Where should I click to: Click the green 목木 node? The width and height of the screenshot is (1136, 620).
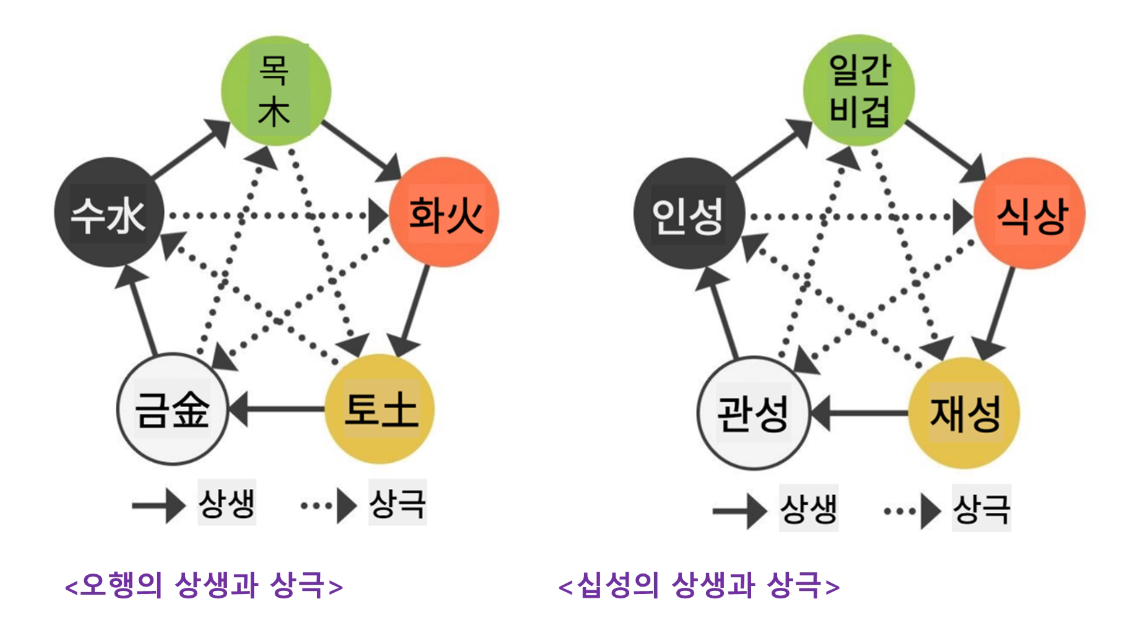[x=276, y=90]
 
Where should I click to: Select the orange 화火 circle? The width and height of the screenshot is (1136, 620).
[x=444, y=213]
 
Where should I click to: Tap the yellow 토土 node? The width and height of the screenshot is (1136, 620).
[x=379, y=409]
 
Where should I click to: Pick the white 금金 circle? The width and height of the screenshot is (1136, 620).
[x=173, y=409]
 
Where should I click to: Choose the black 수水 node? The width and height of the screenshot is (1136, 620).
[x=109, y=213]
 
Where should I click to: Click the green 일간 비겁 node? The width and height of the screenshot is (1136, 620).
[x=859, y=90]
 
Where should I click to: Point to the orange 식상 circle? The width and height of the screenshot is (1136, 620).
[x=1030, y=214]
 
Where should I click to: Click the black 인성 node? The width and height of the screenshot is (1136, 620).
[x=689, y=214]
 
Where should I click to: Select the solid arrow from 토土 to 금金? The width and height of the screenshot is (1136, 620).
[x=278, y=409]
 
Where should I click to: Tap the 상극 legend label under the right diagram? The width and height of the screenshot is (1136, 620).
[x=981, y=509]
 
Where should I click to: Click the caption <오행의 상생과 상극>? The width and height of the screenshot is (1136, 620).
[x=204, y=585]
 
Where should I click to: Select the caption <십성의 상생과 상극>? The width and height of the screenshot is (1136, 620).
[x=699, y=585]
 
